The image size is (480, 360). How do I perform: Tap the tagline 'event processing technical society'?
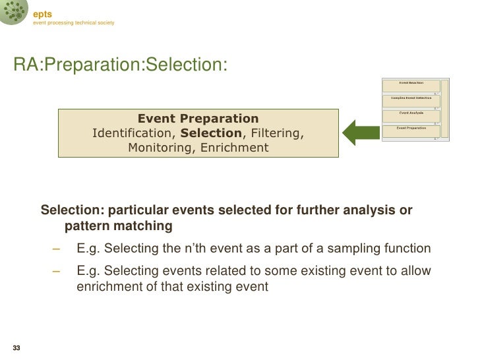(75, 24)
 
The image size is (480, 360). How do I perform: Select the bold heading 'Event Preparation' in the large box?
(198, 119)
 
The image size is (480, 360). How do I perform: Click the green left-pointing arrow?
(361, 131)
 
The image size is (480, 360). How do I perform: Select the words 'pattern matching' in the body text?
(119, 227)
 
